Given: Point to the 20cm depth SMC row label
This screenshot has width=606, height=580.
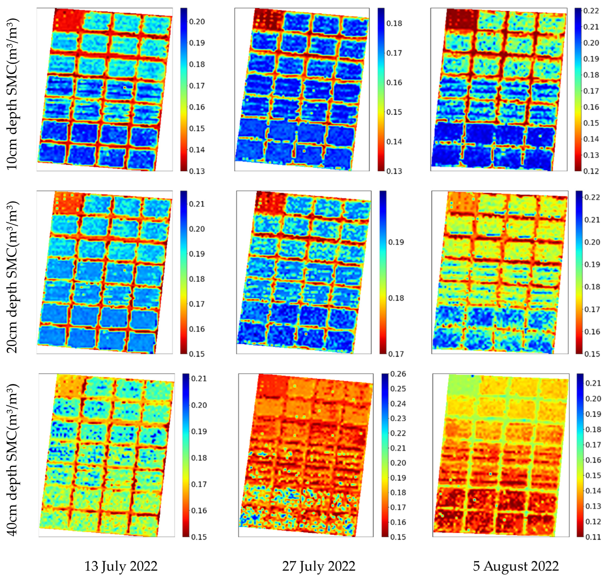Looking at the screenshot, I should (13, 277).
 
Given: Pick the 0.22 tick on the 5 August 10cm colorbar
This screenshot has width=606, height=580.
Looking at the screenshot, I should (591, 11).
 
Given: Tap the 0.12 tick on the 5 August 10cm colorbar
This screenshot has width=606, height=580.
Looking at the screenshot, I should (591, 171).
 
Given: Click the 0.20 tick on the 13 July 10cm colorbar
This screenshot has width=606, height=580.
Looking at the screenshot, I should (197, 22).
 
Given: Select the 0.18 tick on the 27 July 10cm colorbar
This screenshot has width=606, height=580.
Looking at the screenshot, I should (394, 23).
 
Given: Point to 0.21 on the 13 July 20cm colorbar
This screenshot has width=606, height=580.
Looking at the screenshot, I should (197, 204).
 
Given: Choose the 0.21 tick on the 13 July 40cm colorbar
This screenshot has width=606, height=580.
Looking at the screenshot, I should (199, 378).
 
